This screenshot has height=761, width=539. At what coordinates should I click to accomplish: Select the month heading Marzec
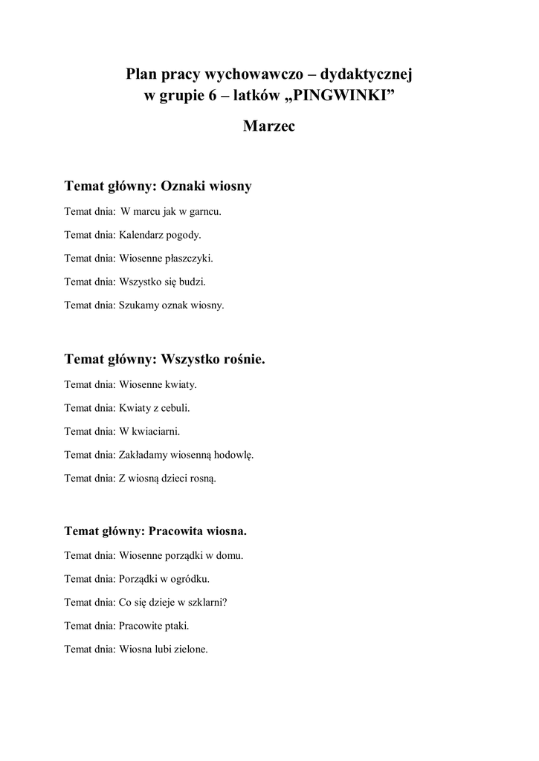click(269, 126)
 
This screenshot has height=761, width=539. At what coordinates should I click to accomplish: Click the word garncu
click(204, 211)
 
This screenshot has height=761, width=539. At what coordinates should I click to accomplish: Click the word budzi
click(192, 282)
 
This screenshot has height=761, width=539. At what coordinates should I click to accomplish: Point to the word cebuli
click(175, 407)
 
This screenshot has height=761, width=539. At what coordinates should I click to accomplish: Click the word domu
click(230, 555)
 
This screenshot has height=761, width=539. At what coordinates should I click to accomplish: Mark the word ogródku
click(190, 578)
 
